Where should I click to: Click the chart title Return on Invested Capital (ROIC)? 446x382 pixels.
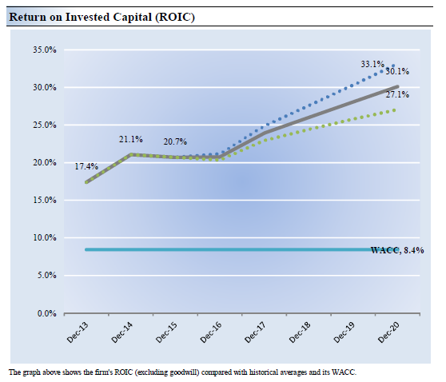pos(102,17)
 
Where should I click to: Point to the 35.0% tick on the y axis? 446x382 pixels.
pos(45,50)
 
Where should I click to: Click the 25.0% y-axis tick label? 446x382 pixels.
pos(45,125)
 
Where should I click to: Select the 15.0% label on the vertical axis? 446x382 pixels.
pos(45,201)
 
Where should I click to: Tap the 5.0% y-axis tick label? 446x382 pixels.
pos(46,276)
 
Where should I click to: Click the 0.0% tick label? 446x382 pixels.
pos(46,313)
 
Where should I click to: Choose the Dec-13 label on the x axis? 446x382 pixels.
pos(78,332)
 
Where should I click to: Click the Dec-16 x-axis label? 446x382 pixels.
pos(211,332)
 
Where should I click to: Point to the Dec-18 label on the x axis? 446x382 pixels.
pos(300,332)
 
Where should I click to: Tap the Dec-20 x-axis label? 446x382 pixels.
pos(388,332)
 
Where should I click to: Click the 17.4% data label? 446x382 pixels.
pos(86,166)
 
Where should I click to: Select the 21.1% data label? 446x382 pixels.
pos(131,139)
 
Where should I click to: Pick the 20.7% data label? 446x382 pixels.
pos(175,141)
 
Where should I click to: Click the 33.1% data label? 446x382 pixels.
pos(372,64)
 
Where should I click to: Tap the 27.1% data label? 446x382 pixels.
pos(397,94)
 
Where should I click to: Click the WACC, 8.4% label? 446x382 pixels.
pos(397,250)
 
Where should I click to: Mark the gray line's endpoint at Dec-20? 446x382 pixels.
pos(397,86)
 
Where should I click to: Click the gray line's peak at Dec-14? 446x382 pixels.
pos(131,154)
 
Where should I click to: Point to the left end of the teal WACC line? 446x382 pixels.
pos(86,249)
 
